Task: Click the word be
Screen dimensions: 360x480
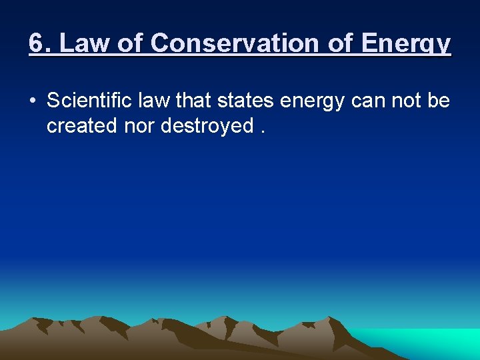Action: [440, 101]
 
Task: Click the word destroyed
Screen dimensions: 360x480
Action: [207, 126]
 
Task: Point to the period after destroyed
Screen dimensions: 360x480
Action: [263, 131]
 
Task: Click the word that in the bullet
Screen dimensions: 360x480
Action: [194, 101]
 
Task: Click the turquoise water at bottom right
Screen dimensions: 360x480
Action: [427, 343]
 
